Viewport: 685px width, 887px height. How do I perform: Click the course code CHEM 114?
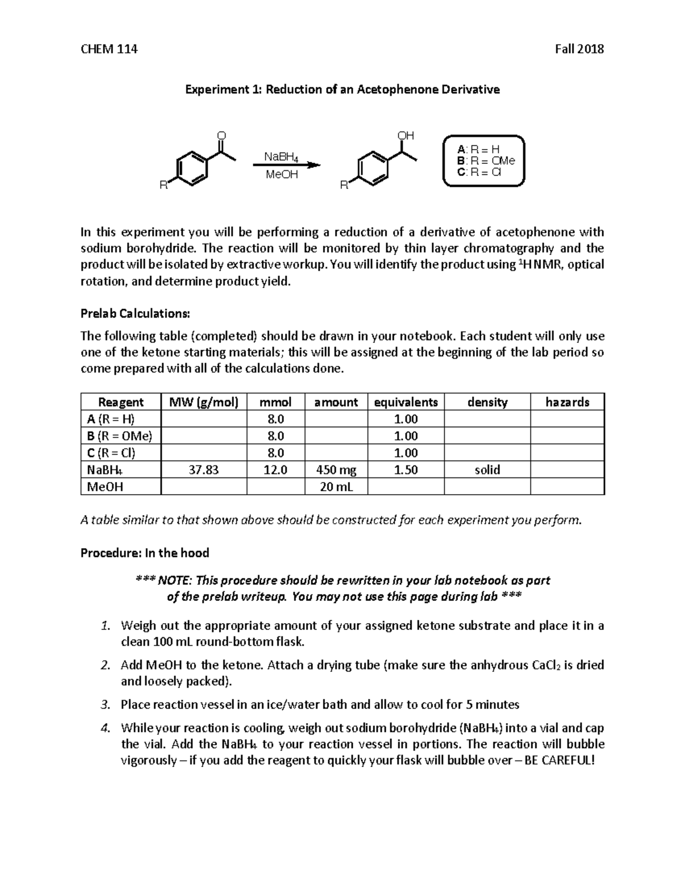coord(109,49)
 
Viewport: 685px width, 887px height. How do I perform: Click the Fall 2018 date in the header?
coord(579,49)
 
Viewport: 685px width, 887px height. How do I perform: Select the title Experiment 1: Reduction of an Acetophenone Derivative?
coord(341,90)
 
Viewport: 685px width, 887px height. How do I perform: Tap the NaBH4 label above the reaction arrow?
coord(281,156)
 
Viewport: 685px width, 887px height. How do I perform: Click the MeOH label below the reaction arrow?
coord(281,175)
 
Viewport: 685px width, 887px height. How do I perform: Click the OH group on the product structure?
coord(405,136)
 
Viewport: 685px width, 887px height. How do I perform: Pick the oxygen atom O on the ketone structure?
coord(221,136)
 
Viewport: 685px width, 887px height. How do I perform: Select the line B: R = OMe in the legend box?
coord(486,160)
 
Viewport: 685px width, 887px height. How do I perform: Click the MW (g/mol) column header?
coord(204,402)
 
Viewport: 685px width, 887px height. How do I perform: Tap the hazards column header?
coord(567,402)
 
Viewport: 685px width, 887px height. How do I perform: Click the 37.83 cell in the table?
coord(204,470)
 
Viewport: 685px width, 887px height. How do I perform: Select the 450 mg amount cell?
coord(336,470)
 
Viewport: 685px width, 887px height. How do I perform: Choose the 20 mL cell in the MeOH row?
coord(336,487)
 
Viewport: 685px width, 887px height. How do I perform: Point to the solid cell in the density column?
coord(487,470)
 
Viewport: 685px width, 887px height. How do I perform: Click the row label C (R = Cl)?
coord(111,453)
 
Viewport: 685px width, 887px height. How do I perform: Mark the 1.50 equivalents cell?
coord(406,470)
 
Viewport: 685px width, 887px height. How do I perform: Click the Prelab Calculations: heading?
coord(135,314)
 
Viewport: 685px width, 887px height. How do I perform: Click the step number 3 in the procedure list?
coord(104,705)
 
